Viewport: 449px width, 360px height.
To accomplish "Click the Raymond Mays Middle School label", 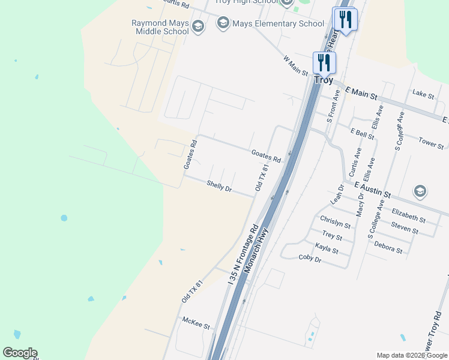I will tap(160, 27).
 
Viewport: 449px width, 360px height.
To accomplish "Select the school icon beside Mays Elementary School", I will tap(223, 24).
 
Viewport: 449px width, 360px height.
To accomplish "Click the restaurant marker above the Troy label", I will tap(324, 62).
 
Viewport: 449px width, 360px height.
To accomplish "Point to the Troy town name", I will tap(324, 80).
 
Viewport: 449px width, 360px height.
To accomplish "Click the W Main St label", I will tap(295, 66).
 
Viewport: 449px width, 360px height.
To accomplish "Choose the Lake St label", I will tap(423, 93).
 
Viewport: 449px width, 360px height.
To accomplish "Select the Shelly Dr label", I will tap(219, 187).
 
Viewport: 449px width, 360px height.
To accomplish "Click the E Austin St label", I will tap(372, 190).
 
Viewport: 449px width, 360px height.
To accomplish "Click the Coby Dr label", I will tap(310, 258).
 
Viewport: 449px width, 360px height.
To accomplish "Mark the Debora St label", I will tap(388, 245).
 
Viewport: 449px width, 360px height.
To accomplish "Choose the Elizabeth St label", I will tap(408, 216).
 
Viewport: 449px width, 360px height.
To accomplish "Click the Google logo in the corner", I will tap(20, 353).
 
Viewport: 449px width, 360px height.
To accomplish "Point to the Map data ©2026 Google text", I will tap(412, 355).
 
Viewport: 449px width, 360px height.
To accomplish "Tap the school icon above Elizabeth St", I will tap(420, 192).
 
